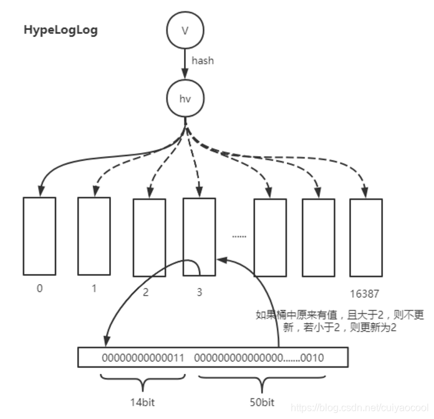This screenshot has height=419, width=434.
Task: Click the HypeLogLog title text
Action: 60,30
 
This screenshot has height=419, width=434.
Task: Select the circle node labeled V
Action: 185,30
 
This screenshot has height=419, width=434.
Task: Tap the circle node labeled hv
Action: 185,98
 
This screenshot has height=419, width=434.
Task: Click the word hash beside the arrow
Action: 203,61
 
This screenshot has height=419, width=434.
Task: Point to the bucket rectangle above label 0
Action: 39,236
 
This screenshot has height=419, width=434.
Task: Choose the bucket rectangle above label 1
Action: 94,235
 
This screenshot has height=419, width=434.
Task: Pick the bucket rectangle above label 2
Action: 149,238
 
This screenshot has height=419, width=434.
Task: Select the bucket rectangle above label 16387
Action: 366,237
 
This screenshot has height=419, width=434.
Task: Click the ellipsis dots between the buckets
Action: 239,236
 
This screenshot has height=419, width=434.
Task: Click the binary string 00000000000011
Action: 143,358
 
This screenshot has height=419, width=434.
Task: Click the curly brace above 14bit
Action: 143,380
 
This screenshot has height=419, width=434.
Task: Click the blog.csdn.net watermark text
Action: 361,407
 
